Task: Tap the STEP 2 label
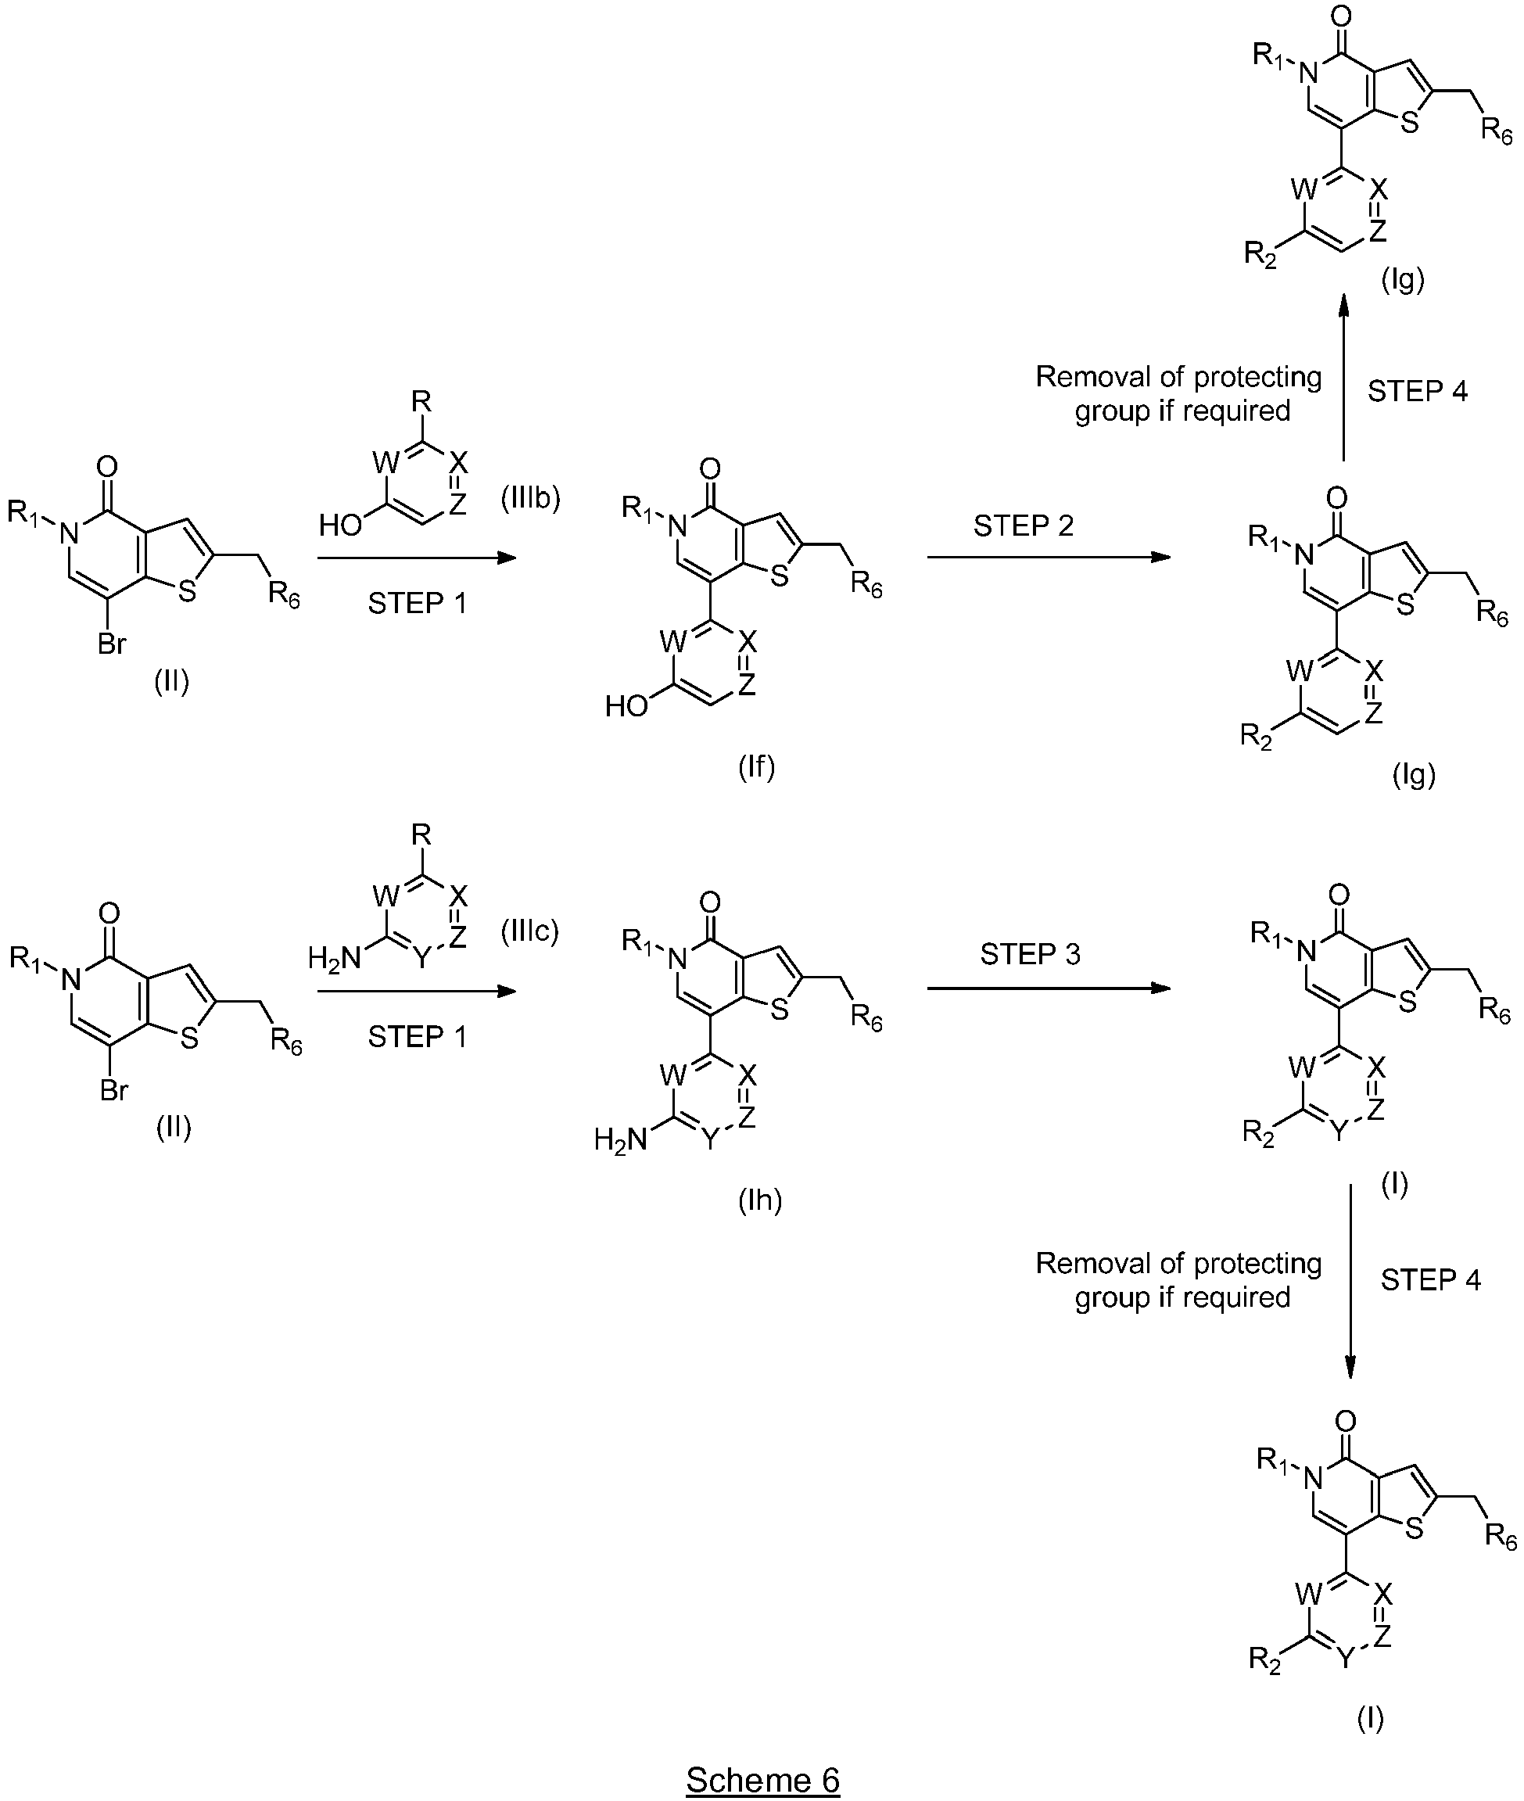[1023, 526]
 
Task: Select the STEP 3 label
[1030, 954]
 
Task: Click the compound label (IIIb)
[529, 498]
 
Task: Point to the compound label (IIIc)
[529, 930]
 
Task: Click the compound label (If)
[756, 766]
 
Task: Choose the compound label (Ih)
[759, 1200]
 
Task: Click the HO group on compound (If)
[626, 707]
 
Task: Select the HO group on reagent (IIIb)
[340, 526]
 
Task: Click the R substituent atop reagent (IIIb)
[421, 402]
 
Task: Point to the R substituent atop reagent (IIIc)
[421, 835]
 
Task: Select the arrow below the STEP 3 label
[1049, 988]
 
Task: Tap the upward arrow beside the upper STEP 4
[1344, 378]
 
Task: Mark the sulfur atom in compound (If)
[780, 576]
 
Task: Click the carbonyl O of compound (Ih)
[709, 903]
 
